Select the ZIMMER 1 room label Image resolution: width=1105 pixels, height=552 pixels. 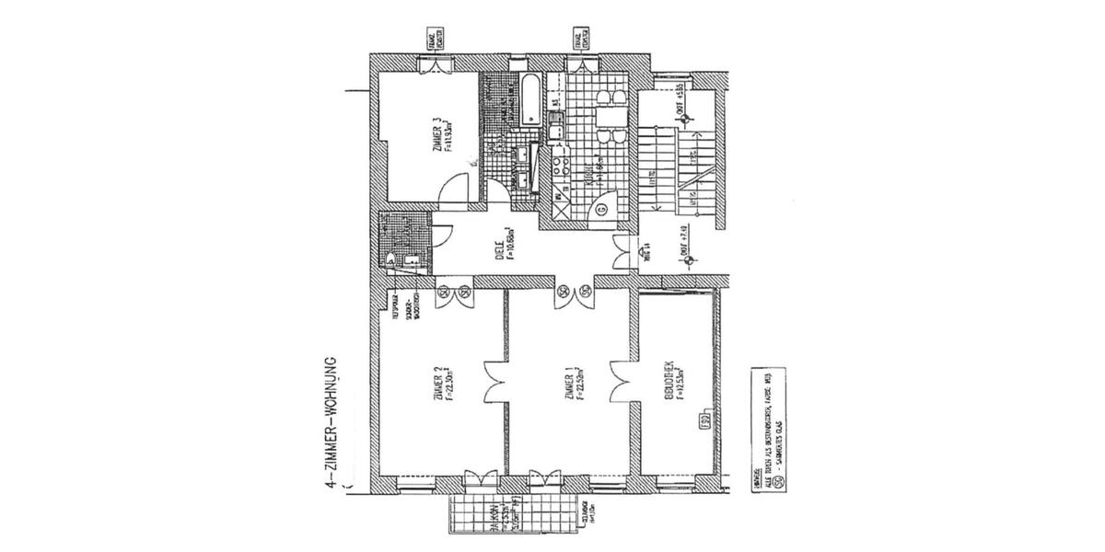(x=575, y=386)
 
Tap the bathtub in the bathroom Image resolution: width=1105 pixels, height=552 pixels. (x=531, y=100)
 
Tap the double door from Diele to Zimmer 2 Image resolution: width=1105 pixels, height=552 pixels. (x=453, y=293)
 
